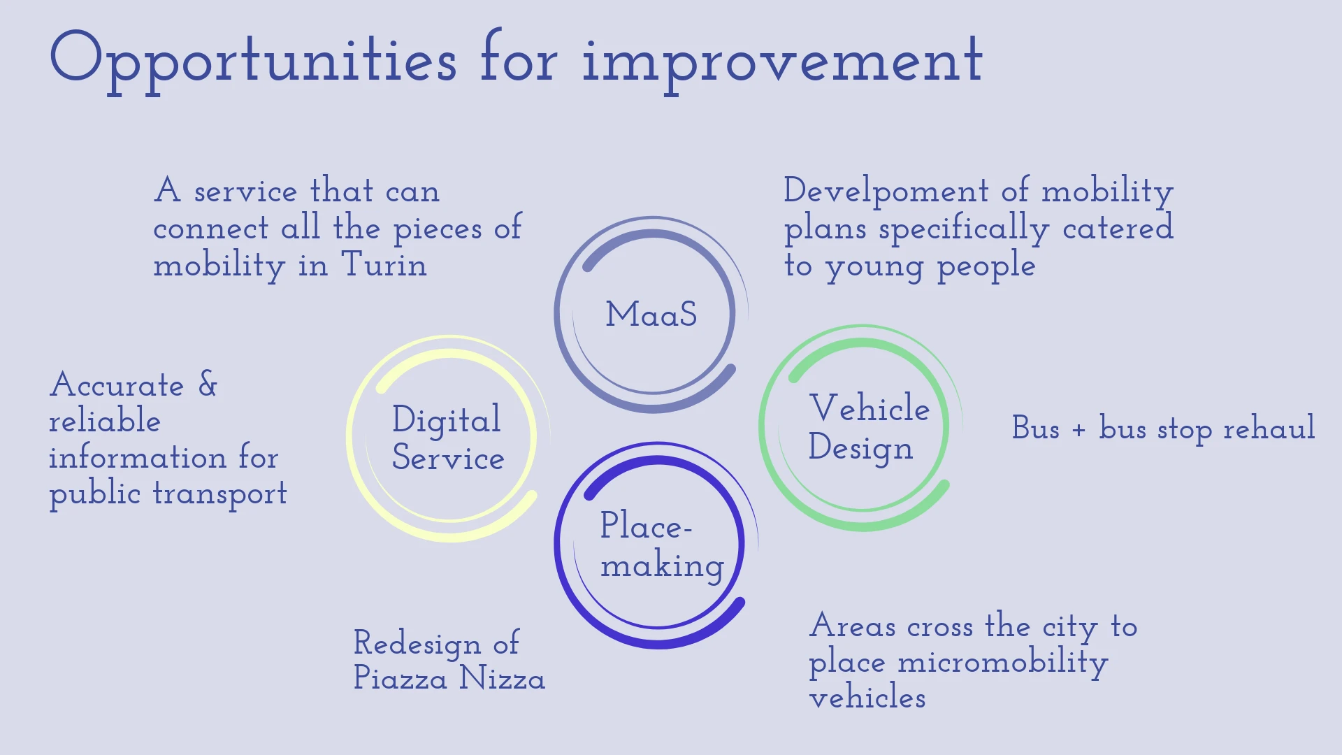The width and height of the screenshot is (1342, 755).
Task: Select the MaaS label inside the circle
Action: pos(651,314)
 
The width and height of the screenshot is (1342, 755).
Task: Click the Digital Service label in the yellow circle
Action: pos(447,438)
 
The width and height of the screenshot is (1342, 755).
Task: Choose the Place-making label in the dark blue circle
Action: pos(662,545)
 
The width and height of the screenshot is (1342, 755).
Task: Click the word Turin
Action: pos(384,264)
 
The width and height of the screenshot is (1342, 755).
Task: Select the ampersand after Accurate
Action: pos(208,384)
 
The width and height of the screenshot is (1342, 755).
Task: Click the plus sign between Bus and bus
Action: pos(1078,429)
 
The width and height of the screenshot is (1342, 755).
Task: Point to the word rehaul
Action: pos(1269,428)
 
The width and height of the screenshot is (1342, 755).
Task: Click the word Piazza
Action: pos(400,677)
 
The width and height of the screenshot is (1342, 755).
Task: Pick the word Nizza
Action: pos(502,677)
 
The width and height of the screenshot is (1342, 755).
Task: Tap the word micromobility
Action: pos(1003,663)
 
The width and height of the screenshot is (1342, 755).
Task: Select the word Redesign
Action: pos(417,644)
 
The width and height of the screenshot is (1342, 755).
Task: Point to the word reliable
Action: pos(105,420)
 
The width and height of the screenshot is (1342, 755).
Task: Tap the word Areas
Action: pos(853,625)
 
